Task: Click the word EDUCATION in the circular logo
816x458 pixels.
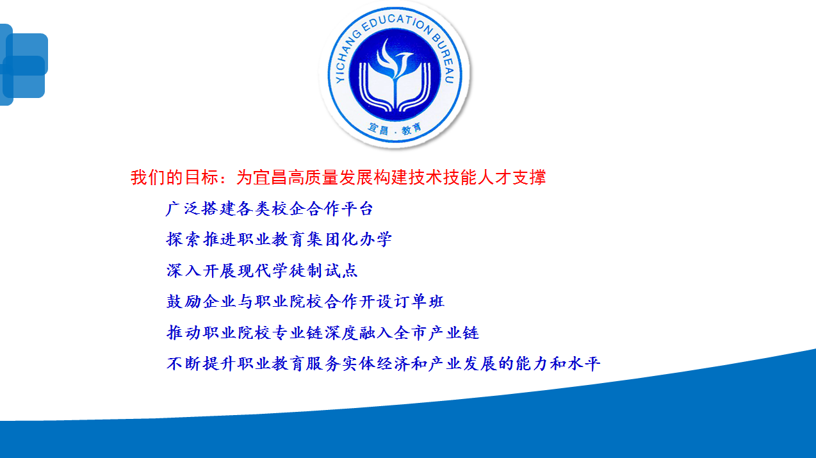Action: [396, 23]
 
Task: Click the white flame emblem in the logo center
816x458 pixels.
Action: [395, 58]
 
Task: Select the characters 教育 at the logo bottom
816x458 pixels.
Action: [412, 129]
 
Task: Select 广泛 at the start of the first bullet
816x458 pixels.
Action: [183, 209]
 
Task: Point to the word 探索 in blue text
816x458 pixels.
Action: [183, 240]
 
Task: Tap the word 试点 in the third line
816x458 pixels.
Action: [341, 271]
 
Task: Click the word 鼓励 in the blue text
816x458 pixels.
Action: [183, 302]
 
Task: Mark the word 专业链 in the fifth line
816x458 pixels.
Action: [289, 332]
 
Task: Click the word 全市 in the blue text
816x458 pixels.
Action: [411, 332]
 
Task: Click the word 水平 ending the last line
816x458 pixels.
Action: [583, 364]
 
